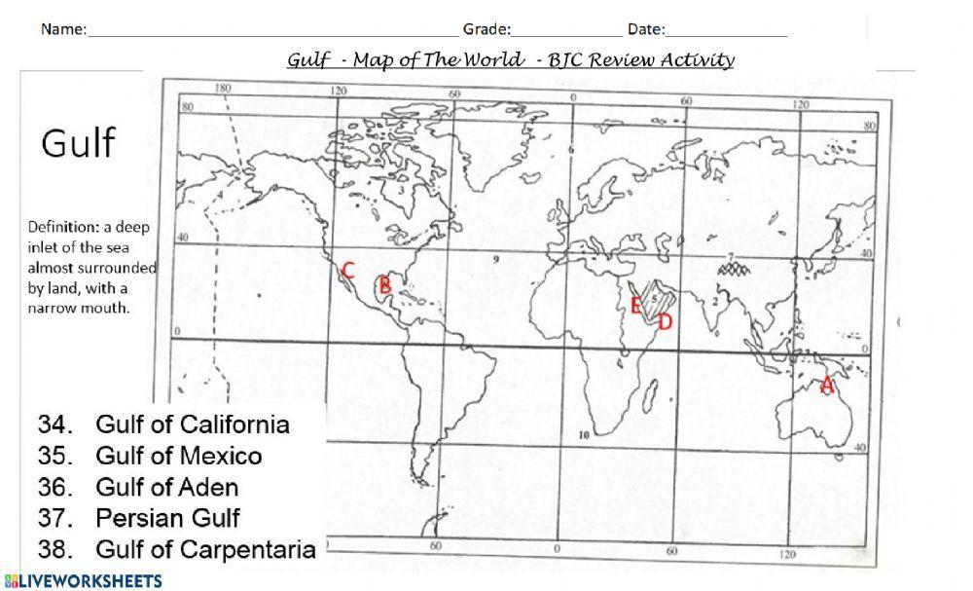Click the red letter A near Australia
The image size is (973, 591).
[x=827, y=384]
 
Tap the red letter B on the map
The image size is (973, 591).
[x=384, y=285]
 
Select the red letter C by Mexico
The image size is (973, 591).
[x=347, y=271]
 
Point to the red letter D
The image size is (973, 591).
[x=666, y=322]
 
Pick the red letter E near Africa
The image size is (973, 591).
[x=634, y=307]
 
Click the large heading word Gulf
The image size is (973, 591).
[x=78, y=144]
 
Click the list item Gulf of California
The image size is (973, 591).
[x=192, y=425]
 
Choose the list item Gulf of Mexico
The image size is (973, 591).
[x=178, y=456]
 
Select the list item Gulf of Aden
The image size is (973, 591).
[x=166, y=487]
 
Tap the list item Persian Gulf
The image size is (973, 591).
[x=167, y=518]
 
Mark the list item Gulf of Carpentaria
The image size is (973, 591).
[x=205, y=549]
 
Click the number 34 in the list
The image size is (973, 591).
[x=54, y=425]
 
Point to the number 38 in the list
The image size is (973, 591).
[x=54, y=549]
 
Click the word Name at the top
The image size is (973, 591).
[x=62, y=29]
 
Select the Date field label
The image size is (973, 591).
[x=645, y=29]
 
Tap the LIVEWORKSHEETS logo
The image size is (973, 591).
[x=82, y=581]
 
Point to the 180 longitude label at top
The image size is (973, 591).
[x=223, y=89]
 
